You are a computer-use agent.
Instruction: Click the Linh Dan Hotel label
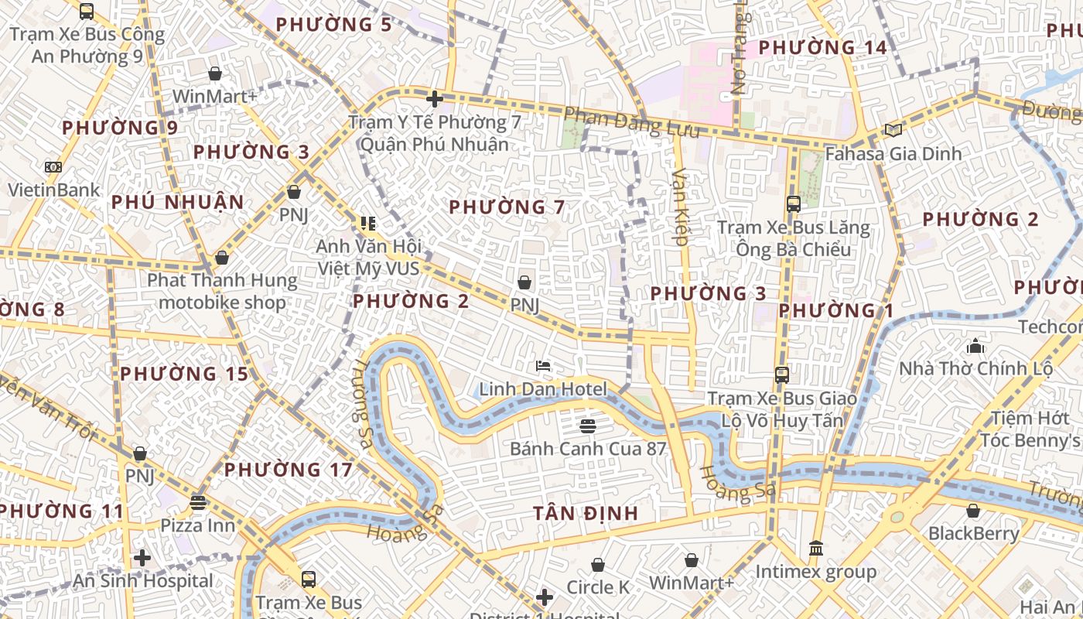pyautogui.click(x=543, y=388)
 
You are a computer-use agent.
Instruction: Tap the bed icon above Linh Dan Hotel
pyautogui.click(x=543, y=365)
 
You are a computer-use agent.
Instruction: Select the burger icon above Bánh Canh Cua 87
pyautogui.click(x=587, y=426)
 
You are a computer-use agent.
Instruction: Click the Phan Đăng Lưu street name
pyautogui.click(x=631, y=123)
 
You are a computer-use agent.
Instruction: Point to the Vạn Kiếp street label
pyautogui.click(x=681, y=207)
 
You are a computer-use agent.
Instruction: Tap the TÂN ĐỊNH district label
pyautogui.click(x=586, y=513)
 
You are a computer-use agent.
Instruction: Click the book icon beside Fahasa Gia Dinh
pyautogui.click(x=893, y=130)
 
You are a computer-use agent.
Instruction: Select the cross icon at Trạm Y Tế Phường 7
pyautogui.click(x=435, y=98)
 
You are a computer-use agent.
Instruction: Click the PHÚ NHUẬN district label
pyautogui.click(x=177, y=203)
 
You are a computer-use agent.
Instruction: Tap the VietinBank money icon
pyautogui.click(x=53, y=166)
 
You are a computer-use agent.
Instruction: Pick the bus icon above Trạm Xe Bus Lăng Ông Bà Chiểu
pyautogui.click(x=793, y=204)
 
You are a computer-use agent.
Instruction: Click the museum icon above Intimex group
pyautogui.click(x=815, y=549)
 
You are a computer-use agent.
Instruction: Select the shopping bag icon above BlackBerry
pyautogui.click(x=973, y=511)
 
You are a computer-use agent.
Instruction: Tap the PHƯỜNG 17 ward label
pyautogui.click(x=288, y=470)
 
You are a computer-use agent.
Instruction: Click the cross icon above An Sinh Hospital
pyautogui.click(x=142, y=557)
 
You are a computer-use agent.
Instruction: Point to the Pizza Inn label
pyautogui.click(x=197, y=525)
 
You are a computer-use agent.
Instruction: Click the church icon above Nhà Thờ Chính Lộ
pyautogui.click(x=975, y=345)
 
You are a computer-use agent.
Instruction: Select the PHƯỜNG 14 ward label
pyautogui.click(x=822, y=48)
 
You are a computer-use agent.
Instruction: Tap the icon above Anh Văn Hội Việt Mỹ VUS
pyautogui.click(x=367, y=224)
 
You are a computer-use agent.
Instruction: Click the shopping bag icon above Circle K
pyautogui.click(x=598, y=565)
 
